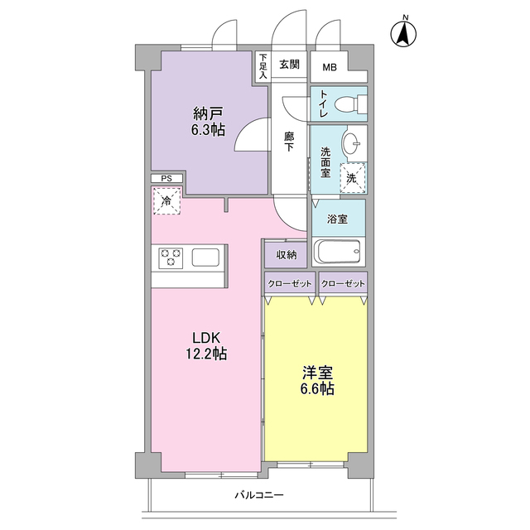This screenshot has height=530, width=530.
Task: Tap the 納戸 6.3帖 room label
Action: [208, 122]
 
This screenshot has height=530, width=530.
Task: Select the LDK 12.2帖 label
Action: [206, 345]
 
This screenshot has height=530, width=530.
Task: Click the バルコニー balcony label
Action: [259, 495]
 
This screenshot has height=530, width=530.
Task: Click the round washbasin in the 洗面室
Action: [351, 142]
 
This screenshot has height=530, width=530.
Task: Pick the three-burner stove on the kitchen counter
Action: [171, 258]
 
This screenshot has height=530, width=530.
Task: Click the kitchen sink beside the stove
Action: [205, 258]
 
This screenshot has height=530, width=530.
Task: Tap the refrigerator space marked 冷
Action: [166, 200]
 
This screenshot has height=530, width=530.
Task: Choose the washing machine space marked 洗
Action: [353, 178]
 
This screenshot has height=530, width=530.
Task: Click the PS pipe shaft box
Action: [167, 179]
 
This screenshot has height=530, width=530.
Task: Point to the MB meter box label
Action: [330, 67]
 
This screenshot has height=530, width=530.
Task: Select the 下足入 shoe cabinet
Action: [263, 66]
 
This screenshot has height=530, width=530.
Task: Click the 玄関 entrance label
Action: [289, 64]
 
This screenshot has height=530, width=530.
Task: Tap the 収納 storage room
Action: [286, 254]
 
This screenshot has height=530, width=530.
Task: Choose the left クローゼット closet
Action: [290, 283]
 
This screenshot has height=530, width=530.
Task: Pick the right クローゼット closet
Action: [343, 283]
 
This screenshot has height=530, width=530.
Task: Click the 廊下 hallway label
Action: [289, 142]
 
